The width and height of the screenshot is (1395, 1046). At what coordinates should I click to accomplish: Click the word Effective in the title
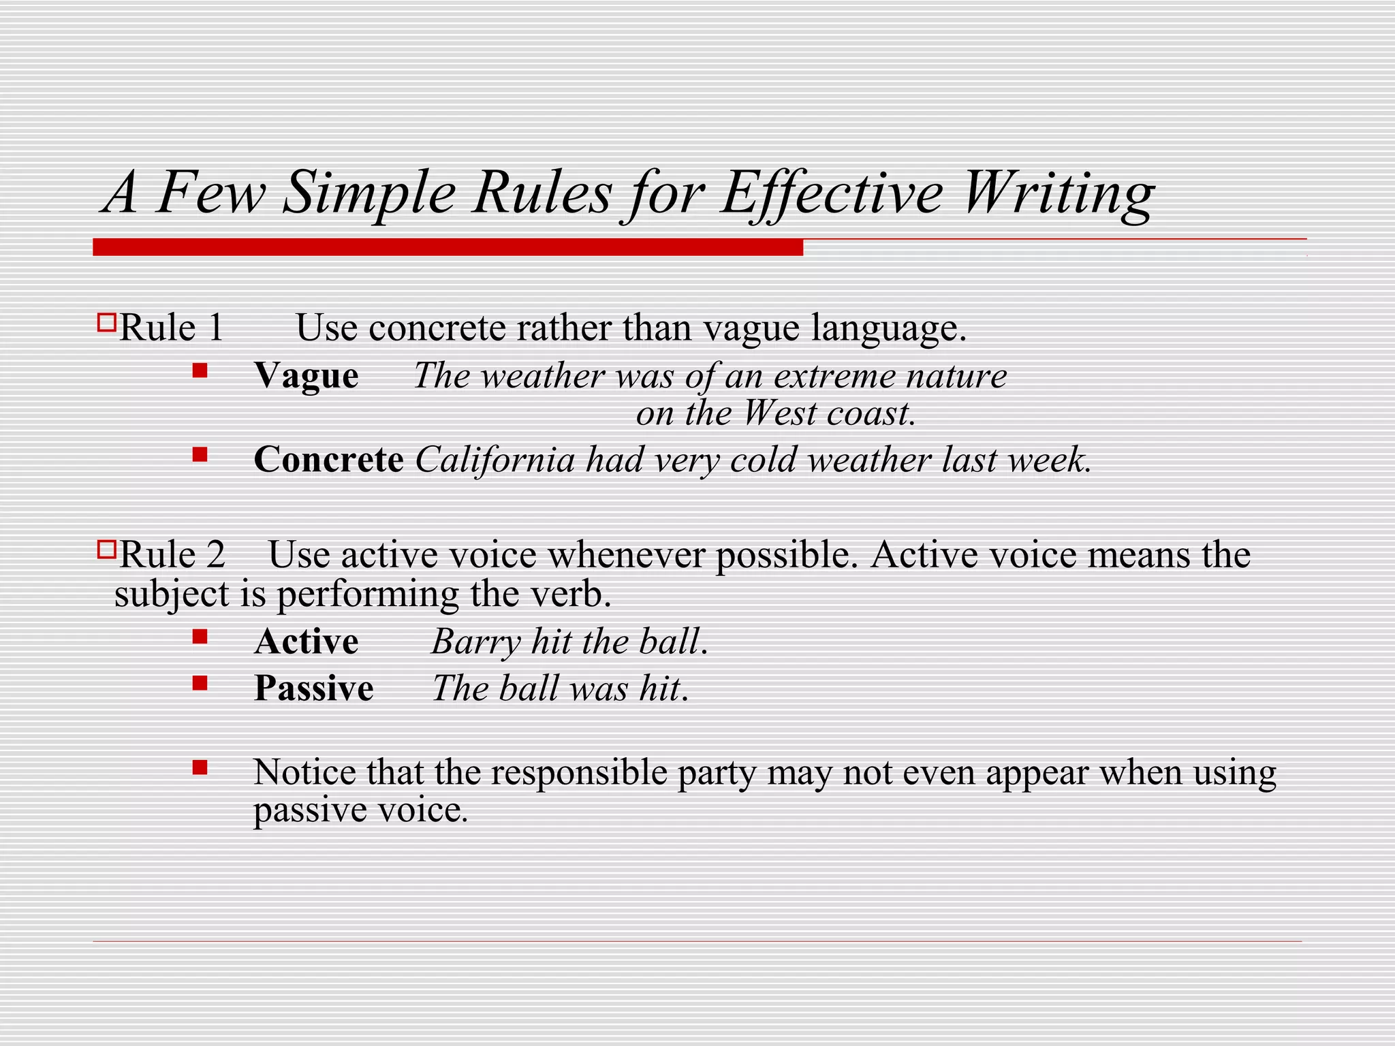832,193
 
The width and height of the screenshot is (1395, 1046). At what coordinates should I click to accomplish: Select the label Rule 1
171,328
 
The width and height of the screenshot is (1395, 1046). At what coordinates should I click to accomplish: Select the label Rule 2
172,554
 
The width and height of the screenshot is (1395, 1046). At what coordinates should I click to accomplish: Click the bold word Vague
307,376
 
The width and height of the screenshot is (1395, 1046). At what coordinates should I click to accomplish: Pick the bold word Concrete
328,460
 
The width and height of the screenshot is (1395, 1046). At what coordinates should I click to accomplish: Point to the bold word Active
307,641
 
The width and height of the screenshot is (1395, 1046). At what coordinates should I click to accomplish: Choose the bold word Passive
314,688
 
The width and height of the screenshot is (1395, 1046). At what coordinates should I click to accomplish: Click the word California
495,460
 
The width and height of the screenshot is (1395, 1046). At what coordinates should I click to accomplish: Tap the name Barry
475,641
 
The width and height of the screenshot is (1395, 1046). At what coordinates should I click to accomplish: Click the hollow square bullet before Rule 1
106,322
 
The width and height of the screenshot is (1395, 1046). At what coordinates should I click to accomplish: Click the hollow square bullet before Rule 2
106,549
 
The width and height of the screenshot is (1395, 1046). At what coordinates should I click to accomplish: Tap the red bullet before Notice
200,768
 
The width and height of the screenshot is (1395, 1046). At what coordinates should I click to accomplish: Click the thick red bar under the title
448,247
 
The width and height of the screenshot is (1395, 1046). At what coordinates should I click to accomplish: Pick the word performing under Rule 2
368,595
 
